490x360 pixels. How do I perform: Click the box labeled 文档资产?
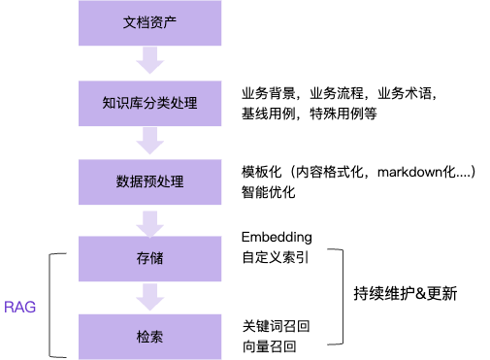tap(149, 22)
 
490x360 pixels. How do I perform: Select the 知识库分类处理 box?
tap(149, 103)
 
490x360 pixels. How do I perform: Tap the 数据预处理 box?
tap(149, 181)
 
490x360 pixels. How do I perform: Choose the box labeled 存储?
tap(149, 259)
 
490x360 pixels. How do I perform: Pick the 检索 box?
tap(149, 337)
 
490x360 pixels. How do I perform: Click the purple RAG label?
tap(20, 307)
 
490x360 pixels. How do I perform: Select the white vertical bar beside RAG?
tap(58, 305)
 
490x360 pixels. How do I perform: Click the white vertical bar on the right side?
tap(335, 297)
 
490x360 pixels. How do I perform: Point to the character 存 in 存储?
tap(143, 259)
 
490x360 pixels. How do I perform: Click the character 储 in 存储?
tap(156, 259)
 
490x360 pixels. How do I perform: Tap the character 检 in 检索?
tap(143, 337)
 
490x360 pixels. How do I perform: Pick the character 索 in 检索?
tap(156, 337)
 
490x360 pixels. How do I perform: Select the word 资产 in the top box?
tap(163, 22)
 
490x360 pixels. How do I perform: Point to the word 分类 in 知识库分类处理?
tap(156, 103)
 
